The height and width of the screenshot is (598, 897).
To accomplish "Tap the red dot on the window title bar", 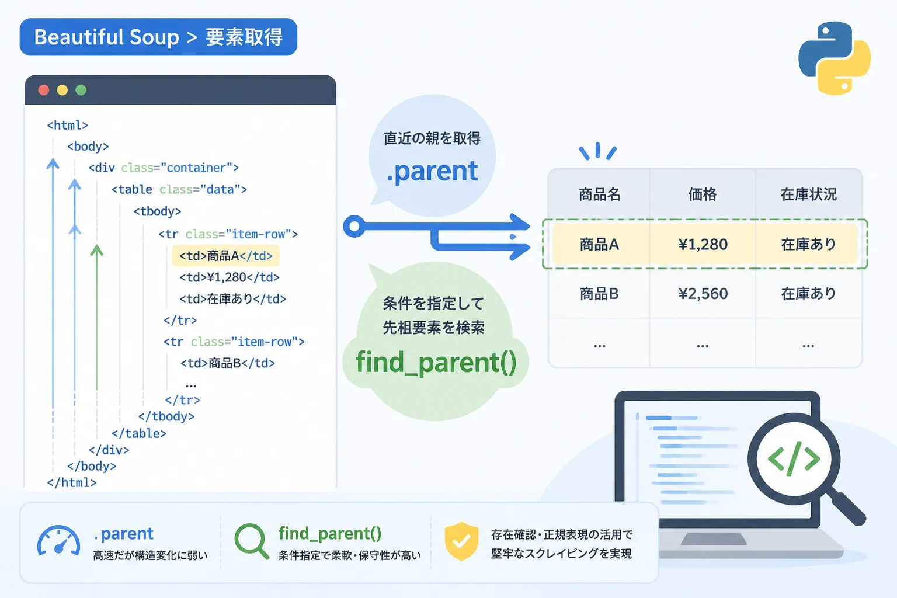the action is pyautogui.click(x=44, y=90).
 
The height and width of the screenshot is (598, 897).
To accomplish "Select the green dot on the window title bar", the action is pyautogui.click(x=81, y=90).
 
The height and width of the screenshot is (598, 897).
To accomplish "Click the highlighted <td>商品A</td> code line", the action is pyautogui.click(x=225, y=256).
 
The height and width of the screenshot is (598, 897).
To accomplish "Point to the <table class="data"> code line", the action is pyautogui.click(x=179, y=189).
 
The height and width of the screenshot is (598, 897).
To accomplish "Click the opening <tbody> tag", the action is pyautogui.click(x=157, y=211).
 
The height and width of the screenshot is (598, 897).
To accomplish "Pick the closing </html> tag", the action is pyautogui.click(x=72, y=482).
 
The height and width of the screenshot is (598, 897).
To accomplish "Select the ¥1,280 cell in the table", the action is pyautogui.click(x=703, y=244).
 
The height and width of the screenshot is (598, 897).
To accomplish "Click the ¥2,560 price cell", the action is pyautogui.click(x=703, y=294).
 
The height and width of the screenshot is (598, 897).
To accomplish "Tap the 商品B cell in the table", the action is pyautogui.click(x=599, y=294).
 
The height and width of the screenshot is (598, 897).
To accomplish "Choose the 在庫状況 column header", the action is pyautogui.click(x=808, y=194).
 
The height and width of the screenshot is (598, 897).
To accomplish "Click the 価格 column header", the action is pyautogui.click(x=703, y=194).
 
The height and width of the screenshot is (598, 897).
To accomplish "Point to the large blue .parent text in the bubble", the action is pyautogui.click(x=432, y=172).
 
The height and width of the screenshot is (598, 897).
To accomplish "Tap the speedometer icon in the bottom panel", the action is pyautogui.click(x=58, y=541).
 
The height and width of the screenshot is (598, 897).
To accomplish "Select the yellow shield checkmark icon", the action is pyautogui.click(x=461, y=541).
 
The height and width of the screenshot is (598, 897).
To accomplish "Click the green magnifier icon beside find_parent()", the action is pyautogui.click(x=252, y=541).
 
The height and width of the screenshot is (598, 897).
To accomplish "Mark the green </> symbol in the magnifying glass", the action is pyautogui.click(x=794, y=459).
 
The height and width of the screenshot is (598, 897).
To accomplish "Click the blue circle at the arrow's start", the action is pyautogui.click(x=354, y=227).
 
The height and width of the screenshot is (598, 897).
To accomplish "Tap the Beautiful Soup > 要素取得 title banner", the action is pyautogui.click(x=159, y=37).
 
